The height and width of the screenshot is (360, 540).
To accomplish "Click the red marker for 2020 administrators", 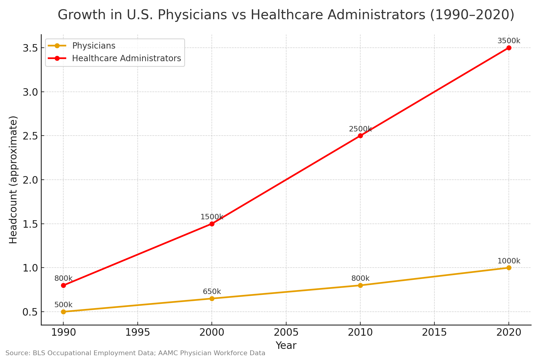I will coord(509,48).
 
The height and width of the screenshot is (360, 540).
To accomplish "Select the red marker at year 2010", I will coord(360,136).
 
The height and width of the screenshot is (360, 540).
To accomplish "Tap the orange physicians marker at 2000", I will coord(212,298).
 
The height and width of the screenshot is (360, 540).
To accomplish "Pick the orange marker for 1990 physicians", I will coord(63,312).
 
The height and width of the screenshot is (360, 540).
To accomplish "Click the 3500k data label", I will coord(509,41).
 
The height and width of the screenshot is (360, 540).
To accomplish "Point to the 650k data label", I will coord(212,292).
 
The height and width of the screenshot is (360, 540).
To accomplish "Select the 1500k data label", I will coord(212,217).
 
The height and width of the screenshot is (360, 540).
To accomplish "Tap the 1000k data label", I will coord(509,261).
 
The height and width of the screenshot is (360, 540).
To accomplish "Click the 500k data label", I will coord(63,305).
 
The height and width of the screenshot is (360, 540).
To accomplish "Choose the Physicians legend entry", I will coord(94,46).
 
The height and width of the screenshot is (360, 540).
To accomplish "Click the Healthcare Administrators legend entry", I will coord(126,58).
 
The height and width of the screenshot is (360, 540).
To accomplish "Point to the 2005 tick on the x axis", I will coord(286,332).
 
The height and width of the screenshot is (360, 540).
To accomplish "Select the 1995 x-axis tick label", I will coord(137,332).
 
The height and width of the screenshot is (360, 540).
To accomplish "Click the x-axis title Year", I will coord(286,346).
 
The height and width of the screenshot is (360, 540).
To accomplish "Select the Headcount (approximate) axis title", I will coord(13,179).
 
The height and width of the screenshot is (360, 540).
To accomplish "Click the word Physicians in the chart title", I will coord(192,15).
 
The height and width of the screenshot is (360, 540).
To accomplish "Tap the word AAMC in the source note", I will coord(168,353).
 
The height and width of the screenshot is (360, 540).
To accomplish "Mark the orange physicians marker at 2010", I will coord(360,285).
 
